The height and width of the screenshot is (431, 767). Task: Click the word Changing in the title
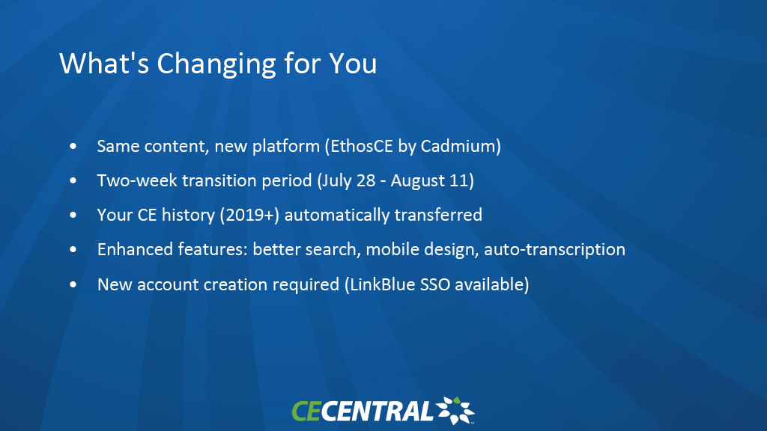click(216, 64)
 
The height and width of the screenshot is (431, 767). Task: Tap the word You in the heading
click(353, 64)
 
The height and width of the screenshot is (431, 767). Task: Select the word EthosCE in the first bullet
click(362, 146)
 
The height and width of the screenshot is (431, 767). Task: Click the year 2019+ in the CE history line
click(249, 215)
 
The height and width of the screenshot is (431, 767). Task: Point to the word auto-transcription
click(554, 250)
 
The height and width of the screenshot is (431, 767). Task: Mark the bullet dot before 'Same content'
click(73, 146)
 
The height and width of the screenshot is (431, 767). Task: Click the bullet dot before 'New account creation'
click(73, 284)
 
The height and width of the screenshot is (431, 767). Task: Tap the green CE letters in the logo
click(306, 411)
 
